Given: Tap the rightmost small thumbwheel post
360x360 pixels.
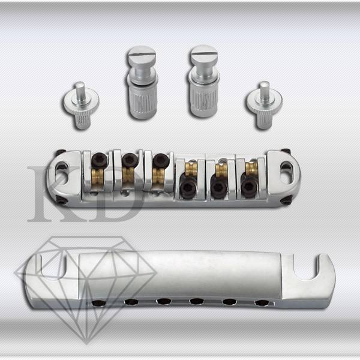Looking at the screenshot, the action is [x=264, y=105].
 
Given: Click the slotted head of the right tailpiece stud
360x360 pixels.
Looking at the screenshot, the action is [x=205, y=55].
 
